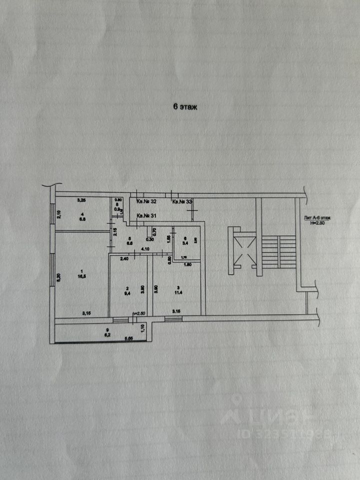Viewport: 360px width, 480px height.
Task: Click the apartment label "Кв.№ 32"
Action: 147,202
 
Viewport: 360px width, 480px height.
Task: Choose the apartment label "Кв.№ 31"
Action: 147,215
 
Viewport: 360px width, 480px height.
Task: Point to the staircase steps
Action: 279,252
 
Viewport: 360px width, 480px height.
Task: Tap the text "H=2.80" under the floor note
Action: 317,223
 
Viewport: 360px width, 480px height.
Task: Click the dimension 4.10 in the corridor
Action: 145,248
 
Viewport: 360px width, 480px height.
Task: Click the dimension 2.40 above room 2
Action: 124,258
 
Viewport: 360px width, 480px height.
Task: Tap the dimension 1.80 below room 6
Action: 188,264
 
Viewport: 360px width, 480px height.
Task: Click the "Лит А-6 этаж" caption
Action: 317,218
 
